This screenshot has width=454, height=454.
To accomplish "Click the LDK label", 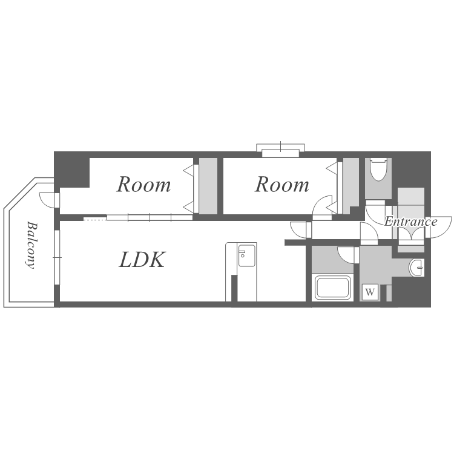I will (x=142, y=260).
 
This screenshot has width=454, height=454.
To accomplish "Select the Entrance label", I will (x=410, y=222).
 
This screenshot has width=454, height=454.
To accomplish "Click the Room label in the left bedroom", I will (x=143, y=184).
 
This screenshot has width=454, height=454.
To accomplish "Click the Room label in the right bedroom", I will (x=281, y=184).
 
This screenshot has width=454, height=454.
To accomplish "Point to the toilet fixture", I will (x=378, y=169).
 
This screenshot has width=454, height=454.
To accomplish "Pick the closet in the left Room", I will (x=208, y=185).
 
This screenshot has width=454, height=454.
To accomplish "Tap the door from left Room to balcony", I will (x=48, y=199).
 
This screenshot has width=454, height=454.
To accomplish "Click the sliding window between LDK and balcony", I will (x=57, y=257).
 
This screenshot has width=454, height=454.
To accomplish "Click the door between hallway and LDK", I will (x=299, y=229).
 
